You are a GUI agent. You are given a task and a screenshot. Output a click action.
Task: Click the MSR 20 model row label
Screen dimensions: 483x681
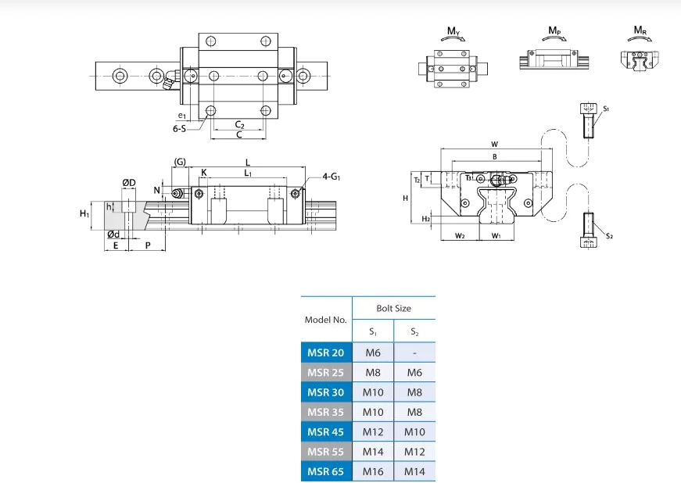tap(326, 352)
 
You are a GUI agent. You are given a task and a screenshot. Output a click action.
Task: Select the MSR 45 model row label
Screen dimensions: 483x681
tap(326, 431)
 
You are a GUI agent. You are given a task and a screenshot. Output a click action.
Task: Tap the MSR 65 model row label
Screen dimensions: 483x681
tap(326, 471)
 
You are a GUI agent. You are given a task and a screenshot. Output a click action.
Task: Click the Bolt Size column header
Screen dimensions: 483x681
tap(393, 308)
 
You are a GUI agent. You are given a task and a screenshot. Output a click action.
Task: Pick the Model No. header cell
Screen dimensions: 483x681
tap(326, 320)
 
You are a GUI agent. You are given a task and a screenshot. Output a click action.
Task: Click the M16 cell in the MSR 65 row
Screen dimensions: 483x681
tap(373, 471)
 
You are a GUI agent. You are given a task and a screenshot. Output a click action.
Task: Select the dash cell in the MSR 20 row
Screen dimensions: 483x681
tap(414, 352)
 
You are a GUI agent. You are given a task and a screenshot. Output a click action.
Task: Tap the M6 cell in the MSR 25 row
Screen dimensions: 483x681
tap(414, 373)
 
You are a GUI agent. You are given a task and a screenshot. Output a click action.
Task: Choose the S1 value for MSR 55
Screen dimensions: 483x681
tap(373, 451)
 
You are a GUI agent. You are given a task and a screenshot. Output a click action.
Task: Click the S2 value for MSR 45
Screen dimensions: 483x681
tap(414, 431)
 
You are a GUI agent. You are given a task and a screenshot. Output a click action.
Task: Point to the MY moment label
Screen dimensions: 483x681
tap(453, 31)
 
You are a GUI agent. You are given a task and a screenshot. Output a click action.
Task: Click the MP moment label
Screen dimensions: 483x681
tap(554, 31)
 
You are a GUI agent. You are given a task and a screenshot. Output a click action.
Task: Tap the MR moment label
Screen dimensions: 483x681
tap(640, 31)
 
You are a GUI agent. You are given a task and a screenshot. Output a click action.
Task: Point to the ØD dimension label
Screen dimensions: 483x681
tap(129, 183)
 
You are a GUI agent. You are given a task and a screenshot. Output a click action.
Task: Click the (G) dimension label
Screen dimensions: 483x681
tap(180, 161)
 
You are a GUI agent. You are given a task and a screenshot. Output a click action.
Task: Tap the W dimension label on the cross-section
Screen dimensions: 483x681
tap(494, 145)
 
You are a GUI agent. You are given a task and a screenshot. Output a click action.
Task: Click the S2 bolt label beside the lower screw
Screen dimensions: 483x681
tap(608, 235)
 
